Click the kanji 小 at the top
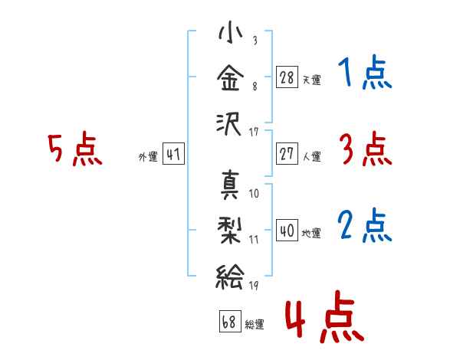230,32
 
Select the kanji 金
230,77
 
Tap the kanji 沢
228,124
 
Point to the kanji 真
230,185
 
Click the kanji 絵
230,277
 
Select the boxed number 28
287,77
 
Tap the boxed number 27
287,154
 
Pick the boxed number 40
287,230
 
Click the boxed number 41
173,154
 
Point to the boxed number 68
230,321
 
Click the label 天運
312,80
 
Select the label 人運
312,156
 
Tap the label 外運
148,156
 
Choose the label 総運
255,324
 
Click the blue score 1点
365,72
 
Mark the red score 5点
75,149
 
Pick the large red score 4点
325,316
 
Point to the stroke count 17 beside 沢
254,133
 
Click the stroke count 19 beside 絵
254,286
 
